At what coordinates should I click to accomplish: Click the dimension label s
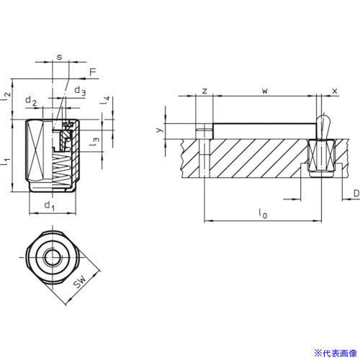(x=59, y=57)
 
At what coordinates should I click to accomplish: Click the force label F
(x=93, y=72)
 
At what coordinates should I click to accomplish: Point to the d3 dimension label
(x=80, y=91)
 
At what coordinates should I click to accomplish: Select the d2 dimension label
(x=31, y=101)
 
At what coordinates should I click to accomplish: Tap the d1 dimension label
(x=50, y=206)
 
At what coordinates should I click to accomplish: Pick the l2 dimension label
(x=6, y=96)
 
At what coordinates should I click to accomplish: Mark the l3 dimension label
(x=94, y=142)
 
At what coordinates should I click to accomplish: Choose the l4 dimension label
(x=105, y=100)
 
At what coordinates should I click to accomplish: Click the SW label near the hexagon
(x=79, y=282)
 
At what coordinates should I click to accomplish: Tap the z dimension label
(x=204, y=91)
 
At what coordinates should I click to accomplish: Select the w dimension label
(x=265, y=91)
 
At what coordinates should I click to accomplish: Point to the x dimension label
(x=335, y=91)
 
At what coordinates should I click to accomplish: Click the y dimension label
(x=160, y=130)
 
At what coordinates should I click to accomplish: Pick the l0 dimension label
(x=263, y=213)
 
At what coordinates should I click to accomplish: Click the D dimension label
(x=356, y=193)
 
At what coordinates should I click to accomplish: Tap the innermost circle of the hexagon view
(x=53, y=257)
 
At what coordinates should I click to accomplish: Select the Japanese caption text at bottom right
(x=336, y=354)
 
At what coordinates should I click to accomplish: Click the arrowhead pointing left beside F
(x=83, y=78)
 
